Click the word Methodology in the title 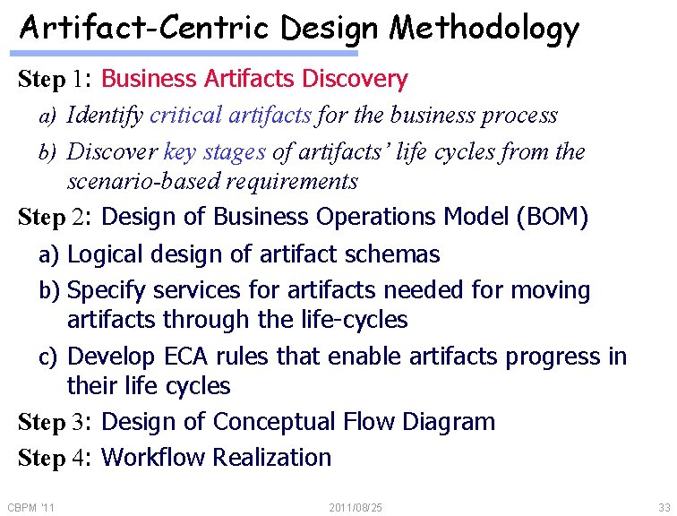(x=484, y=30)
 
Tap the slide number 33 (x=663, y=508)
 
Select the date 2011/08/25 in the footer (x=356, y=508)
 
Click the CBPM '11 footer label (x=30, y=508)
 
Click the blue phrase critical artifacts (x=230, y=116)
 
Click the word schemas (x=395, y=254)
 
